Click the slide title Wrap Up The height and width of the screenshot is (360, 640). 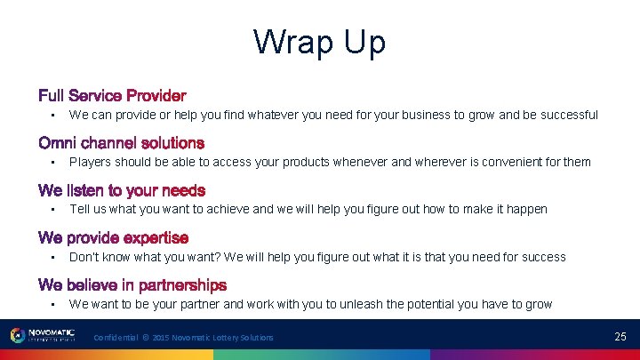coord(319,42)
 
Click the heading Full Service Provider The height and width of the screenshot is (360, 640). coord(112,95)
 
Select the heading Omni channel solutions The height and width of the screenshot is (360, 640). coord(121,143)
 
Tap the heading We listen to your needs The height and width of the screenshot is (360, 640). coord(122,190)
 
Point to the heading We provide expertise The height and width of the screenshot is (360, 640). coord(113,238)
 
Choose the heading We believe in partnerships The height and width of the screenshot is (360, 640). coord(132,285)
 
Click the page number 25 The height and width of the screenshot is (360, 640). coord(620,337)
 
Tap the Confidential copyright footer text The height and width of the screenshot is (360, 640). coord(183,338)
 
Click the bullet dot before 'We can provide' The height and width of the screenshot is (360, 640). coord(53,116)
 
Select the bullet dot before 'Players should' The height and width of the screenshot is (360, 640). coord(53,163)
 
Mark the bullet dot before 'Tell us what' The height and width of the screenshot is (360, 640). coord(53,210)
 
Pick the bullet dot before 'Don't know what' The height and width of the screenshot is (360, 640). coord(53,258)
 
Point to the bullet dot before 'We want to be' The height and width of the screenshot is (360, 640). coord(53,305)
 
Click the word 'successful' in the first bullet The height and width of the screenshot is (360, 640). coord(568,115)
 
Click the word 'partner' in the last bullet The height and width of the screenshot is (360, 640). coord(200,304)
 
